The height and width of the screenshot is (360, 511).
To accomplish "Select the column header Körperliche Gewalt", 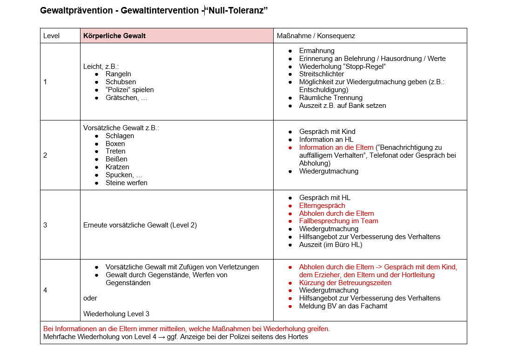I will [x=114, y=36].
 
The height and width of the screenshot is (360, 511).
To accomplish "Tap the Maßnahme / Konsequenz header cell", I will [x=316, y=36].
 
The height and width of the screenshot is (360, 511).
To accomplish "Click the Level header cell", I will [x=51, y=36].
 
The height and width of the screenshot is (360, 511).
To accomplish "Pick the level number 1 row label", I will [x=45, y=82].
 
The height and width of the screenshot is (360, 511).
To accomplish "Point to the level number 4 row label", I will [x=45, y=290].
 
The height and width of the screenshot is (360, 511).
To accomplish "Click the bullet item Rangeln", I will [x=118, y=74].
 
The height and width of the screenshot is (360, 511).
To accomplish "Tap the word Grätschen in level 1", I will [x=121, y=98].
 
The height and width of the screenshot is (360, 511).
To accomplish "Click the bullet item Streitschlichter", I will [x=322, y=74].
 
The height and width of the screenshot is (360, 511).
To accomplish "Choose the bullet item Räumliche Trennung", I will [x=331, y=98].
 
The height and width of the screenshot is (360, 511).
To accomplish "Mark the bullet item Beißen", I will [x=116, y=159].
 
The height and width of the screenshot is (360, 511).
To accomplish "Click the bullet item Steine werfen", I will [x=126, y=183].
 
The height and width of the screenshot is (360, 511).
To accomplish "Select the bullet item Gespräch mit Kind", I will [x=327, y=132].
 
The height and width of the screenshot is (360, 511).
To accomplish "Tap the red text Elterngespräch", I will [x=322, y=206].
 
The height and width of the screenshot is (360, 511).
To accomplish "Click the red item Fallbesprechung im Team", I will [x=338, y=221].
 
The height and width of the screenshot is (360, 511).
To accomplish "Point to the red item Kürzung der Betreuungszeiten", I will [x=345, y=283].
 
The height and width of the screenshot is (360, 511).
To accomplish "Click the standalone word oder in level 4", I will [x=90, y=298].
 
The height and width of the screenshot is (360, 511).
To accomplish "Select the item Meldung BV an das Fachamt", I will [x=343, y=306].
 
